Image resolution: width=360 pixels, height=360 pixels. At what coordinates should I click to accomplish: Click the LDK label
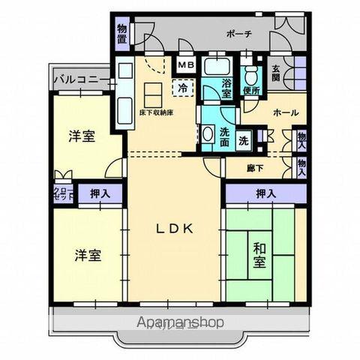pos(175,229)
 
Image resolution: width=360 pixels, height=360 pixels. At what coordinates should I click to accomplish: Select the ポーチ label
pos(238,34)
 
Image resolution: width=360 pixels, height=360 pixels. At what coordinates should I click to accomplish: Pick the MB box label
pos(184,65)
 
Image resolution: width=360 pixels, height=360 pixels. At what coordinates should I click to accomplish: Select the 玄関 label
pos(277,73)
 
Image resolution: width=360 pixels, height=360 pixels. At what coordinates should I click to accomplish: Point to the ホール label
pos(286,112)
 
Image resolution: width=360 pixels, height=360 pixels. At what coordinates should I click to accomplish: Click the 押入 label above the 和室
pos(264,193)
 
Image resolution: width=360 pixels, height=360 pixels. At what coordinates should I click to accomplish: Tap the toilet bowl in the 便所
pos(252,73)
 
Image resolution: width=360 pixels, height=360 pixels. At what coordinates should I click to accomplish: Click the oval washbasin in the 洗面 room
pos(207,135)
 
